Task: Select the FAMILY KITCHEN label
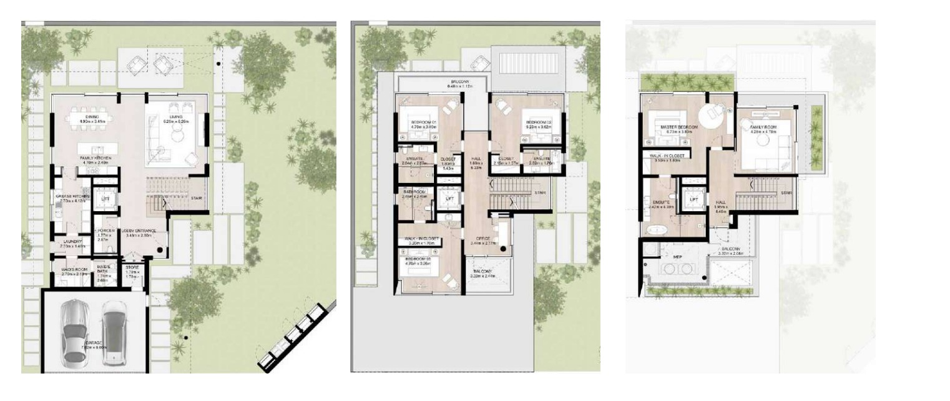pos(95,159)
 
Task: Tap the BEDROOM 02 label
pos(536,122)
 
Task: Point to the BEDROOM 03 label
pos(418,259)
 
